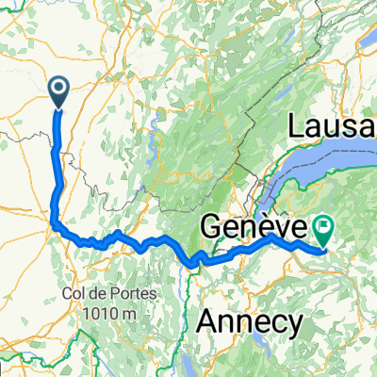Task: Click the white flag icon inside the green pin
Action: (325, 226)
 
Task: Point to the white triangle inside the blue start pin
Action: (58, 90)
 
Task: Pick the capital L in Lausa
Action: (299, 125)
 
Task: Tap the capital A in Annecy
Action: (206, 322)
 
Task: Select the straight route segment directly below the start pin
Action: (59, 141)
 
